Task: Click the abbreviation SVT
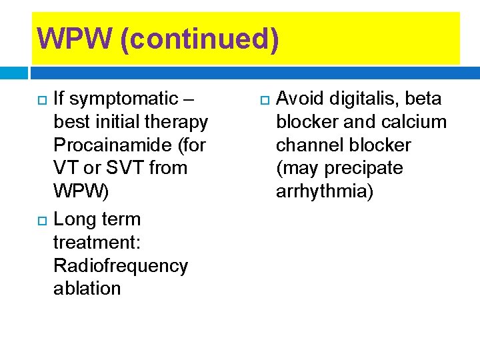(127, 168)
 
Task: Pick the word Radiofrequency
(120, 265)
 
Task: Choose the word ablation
(87, 288)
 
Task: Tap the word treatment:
(97, 243)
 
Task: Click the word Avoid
(300, 99)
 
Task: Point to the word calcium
(413, 122)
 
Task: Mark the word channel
(310, 145)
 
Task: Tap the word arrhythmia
(325, 191)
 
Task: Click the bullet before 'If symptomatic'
(41, 100)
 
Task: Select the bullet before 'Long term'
(41, 220)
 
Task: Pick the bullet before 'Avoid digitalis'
(264, 100)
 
